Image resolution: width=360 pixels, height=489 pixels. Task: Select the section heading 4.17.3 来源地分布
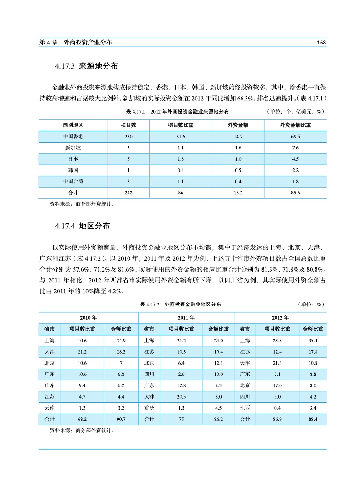pyautogui.click(x=86, y=66)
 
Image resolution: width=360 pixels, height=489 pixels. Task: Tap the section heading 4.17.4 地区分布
pyautogui.click(x=82, y=226)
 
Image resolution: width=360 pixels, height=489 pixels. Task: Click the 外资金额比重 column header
pyautogui.click(x=295, y=124)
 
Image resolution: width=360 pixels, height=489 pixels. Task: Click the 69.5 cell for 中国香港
pyautogui.click(x=295, y=136)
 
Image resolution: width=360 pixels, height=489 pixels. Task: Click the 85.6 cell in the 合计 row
pyautogui.click(x=295, y=193)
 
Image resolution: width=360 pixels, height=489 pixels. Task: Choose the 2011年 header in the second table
pyautogui.click(x=186, y=317)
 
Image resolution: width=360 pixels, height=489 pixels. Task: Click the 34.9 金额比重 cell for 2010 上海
pyautogui.click(x=121, y=340)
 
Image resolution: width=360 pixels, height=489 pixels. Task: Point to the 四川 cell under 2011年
pyautogui.click(x=149, y=374)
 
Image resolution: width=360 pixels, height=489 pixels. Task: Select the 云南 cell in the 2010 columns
pyautogui.click(x=50, y=408)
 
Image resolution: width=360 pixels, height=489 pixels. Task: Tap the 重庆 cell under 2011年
pyautogui.click(x=149, y=408)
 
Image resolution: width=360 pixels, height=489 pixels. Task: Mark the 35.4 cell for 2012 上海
pyautogui.click(x=313, y=340)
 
